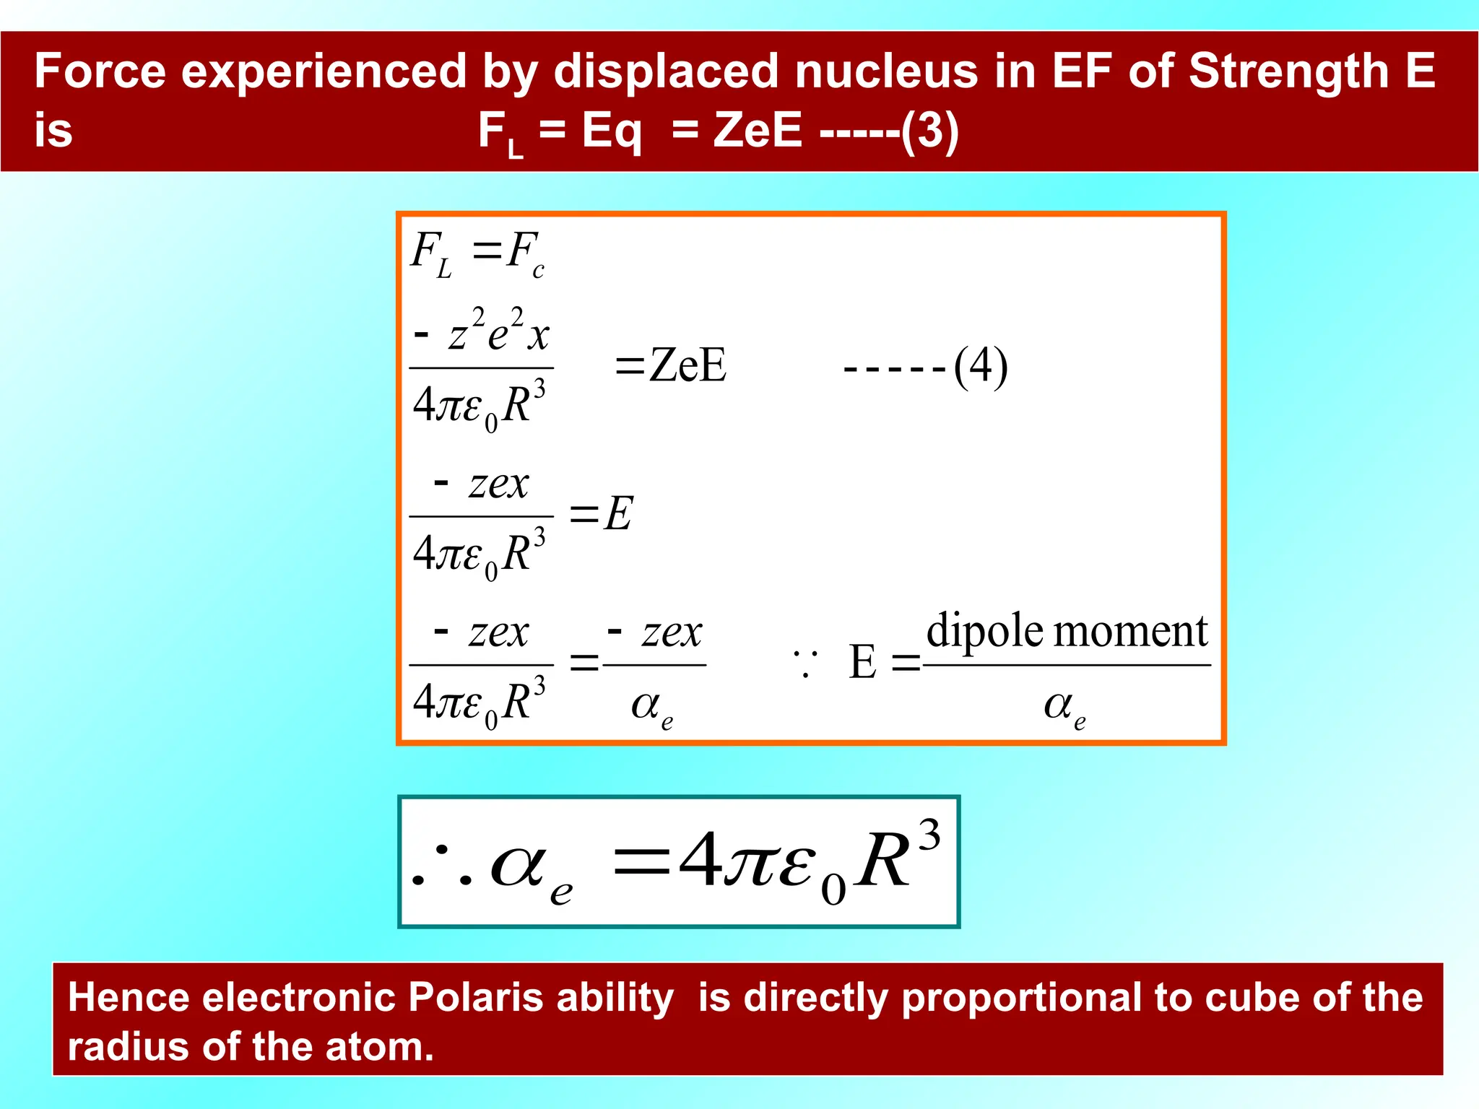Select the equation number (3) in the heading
coord(930,131)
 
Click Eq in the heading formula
coord(611,131)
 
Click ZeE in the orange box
coord(687,365)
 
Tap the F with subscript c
coord(524,253)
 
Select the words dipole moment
coord(1067,631)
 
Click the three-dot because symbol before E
coord(804,663)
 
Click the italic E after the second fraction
coord(618,514)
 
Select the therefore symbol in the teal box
coord(441,866)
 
